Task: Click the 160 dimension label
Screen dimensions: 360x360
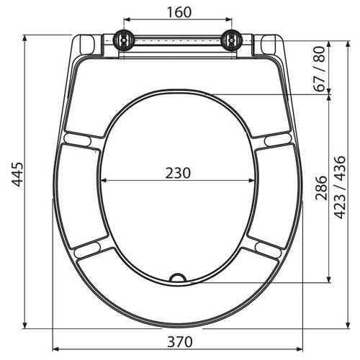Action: click(x=179, y=12)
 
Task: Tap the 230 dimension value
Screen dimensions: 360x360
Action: click(x=178, y=173)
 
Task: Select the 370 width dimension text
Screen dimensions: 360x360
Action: click(x=180, y=342)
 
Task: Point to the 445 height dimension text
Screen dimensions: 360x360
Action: click(x=18, y=174)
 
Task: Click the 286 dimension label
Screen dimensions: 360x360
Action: click(x=321, y=188)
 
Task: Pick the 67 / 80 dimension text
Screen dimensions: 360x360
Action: click(x=320, y=69)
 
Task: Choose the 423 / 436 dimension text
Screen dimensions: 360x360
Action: click(x=340, y=187)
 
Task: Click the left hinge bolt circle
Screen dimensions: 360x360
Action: click(x=124, y=40)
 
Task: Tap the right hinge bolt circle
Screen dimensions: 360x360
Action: click(x=232, y=40)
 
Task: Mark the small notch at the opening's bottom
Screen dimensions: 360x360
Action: click(x=178, y=278)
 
